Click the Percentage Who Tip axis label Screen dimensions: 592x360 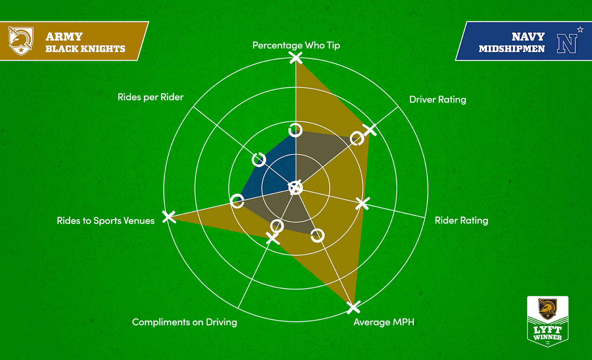[296, 45]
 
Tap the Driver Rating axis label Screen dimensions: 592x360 [438, 100]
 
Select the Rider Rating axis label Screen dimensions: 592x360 [461, 220]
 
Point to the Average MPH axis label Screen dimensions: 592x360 [384, 322]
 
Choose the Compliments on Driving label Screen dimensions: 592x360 [184, 322]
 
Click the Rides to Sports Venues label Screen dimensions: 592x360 [106, 221]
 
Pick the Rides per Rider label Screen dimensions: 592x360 [151, 97]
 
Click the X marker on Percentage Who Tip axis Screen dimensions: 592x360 [296, 58]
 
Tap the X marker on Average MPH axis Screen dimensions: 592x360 [353, 308]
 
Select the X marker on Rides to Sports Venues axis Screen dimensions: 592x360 [169, 217]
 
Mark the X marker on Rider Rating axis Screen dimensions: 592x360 [363, 203]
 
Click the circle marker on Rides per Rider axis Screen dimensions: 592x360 [259, 159]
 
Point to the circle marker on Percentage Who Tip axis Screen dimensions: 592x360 [296, 130]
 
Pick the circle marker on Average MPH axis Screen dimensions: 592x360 [318, 235]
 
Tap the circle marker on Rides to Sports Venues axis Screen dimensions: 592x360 [237, 201]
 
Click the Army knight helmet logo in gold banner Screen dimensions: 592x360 [21, 41]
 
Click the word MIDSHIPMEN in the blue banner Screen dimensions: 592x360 [511, 49]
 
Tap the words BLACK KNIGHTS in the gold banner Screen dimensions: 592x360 [85, 49]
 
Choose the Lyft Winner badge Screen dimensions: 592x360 [547, 321]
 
